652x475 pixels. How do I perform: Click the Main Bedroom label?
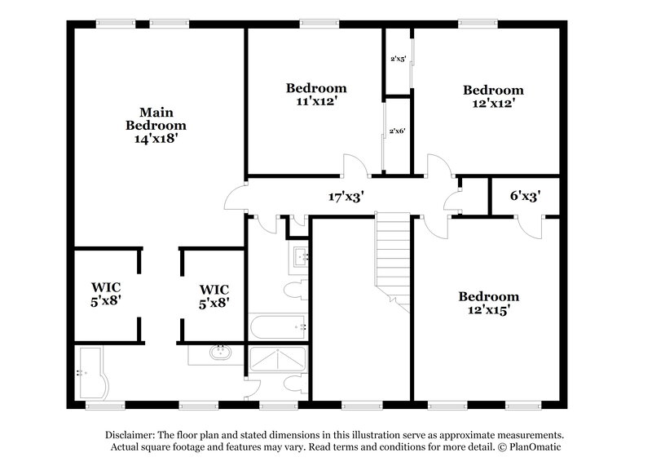click(x=155, y=118)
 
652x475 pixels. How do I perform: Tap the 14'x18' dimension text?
click(x=155, y=139)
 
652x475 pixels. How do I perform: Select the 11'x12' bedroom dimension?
click(x=316, y=101)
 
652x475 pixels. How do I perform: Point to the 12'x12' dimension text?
click(x=492, y=104)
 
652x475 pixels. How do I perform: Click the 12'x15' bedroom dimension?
click(x=487, y=310)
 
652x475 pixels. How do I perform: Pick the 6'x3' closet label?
click(x=525, y=196)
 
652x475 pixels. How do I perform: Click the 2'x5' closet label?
click(x=398, y=60)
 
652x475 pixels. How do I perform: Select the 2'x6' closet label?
click(x=398, y=131)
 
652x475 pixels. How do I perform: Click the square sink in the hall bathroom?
click(x=299, y=257)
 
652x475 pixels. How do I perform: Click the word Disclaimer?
click(x=133, y=435)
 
